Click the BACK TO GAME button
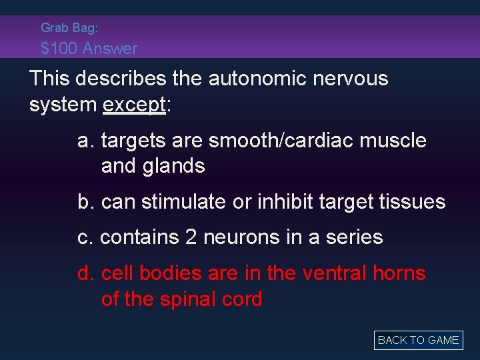coord(418,340)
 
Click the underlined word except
coord(133,105)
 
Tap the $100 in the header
coord(59,48)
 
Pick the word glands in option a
coord(173,166)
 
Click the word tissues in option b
coord(413,201)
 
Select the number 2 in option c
coord(191,237)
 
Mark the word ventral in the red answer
coord(333,273)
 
